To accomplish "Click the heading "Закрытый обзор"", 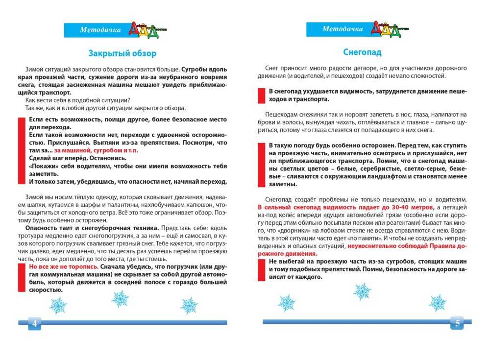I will [x=122, y=53].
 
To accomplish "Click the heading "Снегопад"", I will [x=362, y=52].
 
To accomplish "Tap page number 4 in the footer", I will [x=35, y=323].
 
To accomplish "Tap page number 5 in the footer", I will [x=457, y=323].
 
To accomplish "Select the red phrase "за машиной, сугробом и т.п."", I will [x=96, y=150].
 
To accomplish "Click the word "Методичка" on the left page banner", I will [x=100, y=30].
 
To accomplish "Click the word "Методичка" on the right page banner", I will [x=343, y=29].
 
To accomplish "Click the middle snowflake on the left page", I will [x=120, y=298].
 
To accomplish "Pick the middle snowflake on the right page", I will [x=363, y=291].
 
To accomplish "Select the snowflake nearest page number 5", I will [x=438, y=303].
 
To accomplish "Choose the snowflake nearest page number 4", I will [x=58, y=306].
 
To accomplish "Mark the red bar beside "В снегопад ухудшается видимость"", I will [x=261, y=95].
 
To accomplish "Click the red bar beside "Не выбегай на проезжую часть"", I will [x=261, y=270].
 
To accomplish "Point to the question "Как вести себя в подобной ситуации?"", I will [x=77, y=100].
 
